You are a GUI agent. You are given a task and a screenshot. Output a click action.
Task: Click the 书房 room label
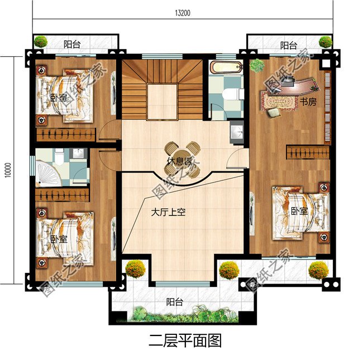pyautogui.click(x=308, y=102)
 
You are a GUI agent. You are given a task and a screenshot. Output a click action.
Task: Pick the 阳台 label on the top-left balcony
pyautogui.click(x=71, y=45)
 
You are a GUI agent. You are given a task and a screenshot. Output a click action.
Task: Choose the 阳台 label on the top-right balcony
pyautogui.click(x=288, y=45)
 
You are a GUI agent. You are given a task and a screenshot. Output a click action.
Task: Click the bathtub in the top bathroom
pyautogui.click(x=226, y=70)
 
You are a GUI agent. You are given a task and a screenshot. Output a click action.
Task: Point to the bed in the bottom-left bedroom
pyautogui.click(x=63, y=238)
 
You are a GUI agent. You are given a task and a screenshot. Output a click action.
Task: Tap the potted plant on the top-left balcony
pyautogui.click(x=41, y=41)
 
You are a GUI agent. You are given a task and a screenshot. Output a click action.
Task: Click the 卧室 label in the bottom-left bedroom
pyautogui.click(x=58, y=239)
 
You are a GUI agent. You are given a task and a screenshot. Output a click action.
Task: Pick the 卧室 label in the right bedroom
pyautogui.click(x=298, y=211)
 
